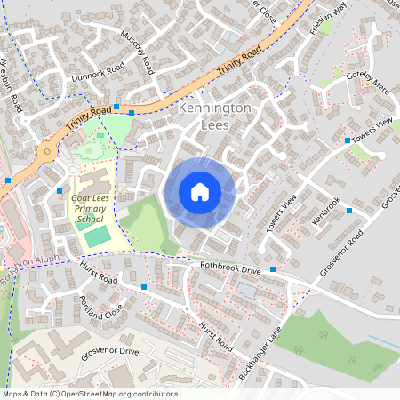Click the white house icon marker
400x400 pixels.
[x=200, y=191]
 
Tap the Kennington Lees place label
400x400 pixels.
[x=215, y=116]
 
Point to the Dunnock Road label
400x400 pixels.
[x=99, y=72]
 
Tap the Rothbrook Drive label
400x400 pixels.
[x=229, y=268]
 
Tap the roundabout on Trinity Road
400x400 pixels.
[x=45, y=152]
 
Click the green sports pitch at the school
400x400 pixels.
[x=97, y=236]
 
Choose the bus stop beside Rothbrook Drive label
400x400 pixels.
[x=273, y=269]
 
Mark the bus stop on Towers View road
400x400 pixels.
[x=347, y=140]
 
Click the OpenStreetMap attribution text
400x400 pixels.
[x=89, y=394]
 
